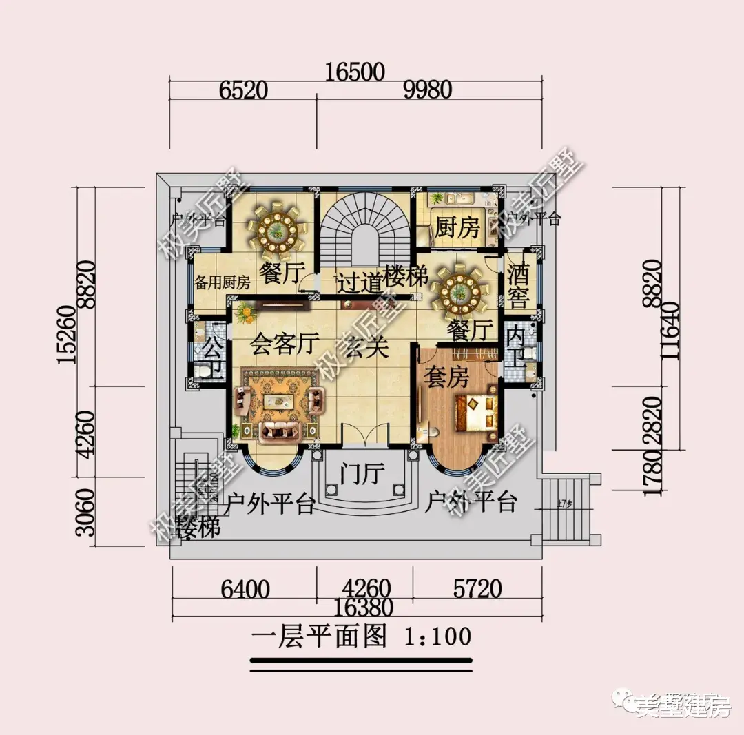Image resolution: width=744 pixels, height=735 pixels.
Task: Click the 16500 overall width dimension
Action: coord(355,72)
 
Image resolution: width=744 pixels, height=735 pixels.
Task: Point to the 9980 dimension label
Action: coord(427,90)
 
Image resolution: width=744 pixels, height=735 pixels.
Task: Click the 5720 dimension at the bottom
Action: coord(478,589)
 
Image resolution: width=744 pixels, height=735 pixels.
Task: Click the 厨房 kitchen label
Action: coord(457,228)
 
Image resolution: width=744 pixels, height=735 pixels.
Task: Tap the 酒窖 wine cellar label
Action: coord(517,287)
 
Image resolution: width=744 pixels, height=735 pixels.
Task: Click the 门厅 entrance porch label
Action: coord(362,474)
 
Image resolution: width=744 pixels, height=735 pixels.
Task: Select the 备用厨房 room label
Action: coord(222,283)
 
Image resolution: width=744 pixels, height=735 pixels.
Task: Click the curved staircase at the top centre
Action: coord(363,227)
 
